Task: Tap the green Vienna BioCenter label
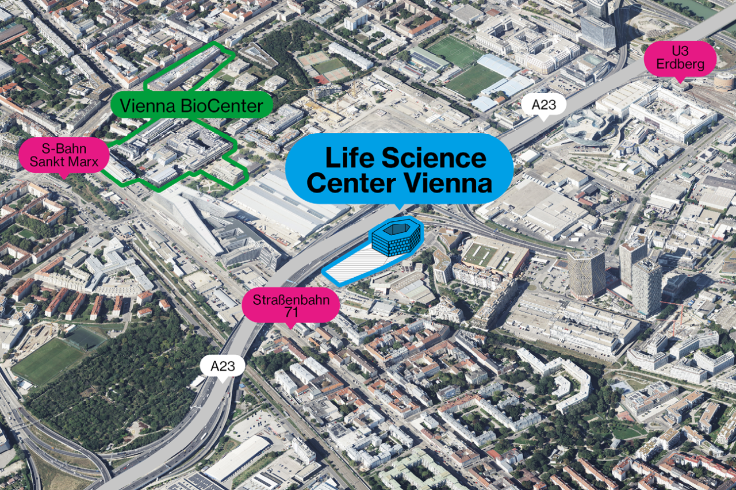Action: [x=191, y=106]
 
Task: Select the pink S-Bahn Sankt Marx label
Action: [x=64, y=155]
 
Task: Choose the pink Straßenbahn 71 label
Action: [x=290, y=305]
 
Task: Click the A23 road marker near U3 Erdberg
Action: [x=543, y=105]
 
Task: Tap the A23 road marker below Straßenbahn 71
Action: [x=223, y=366]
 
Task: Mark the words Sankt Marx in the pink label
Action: [x=64, y=161]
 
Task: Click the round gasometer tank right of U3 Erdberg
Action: [x=724, y=82]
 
